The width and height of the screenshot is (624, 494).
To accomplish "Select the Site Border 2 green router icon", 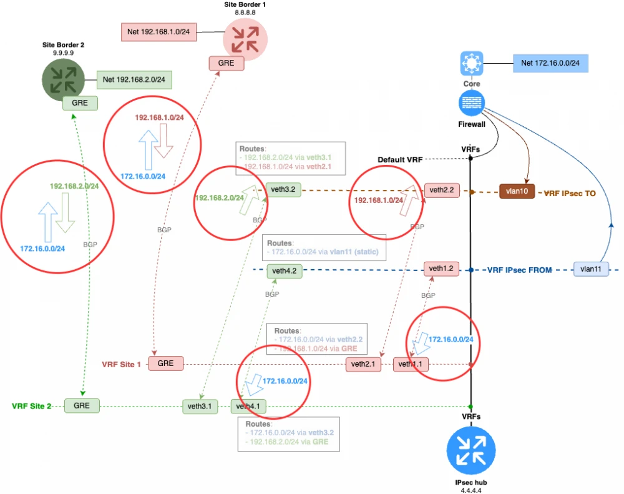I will click(63, 79).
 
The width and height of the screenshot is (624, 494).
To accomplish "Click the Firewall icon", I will click(471, 104).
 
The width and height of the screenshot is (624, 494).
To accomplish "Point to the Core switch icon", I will click(471, 64).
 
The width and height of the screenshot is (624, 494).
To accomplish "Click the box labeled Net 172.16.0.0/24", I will click(550, 63).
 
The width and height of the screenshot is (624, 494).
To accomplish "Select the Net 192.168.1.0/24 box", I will click(159, 31).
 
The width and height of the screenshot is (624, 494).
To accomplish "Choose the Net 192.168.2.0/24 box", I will click(134, 79).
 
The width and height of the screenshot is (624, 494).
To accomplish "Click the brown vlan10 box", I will click(517, 192).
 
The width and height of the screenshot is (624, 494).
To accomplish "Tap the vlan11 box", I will click(590, 270).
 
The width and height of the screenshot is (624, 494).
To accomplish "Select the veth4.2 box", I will click(284, 271).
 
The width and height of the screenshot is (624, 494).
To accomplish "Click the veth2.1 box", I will click(363, 365).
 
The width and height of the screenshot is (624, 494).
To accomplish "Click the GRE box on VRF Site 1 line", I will click(165, 363).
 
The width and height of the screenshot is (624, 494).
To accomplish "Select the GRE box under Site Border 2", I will click(80, 103).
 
